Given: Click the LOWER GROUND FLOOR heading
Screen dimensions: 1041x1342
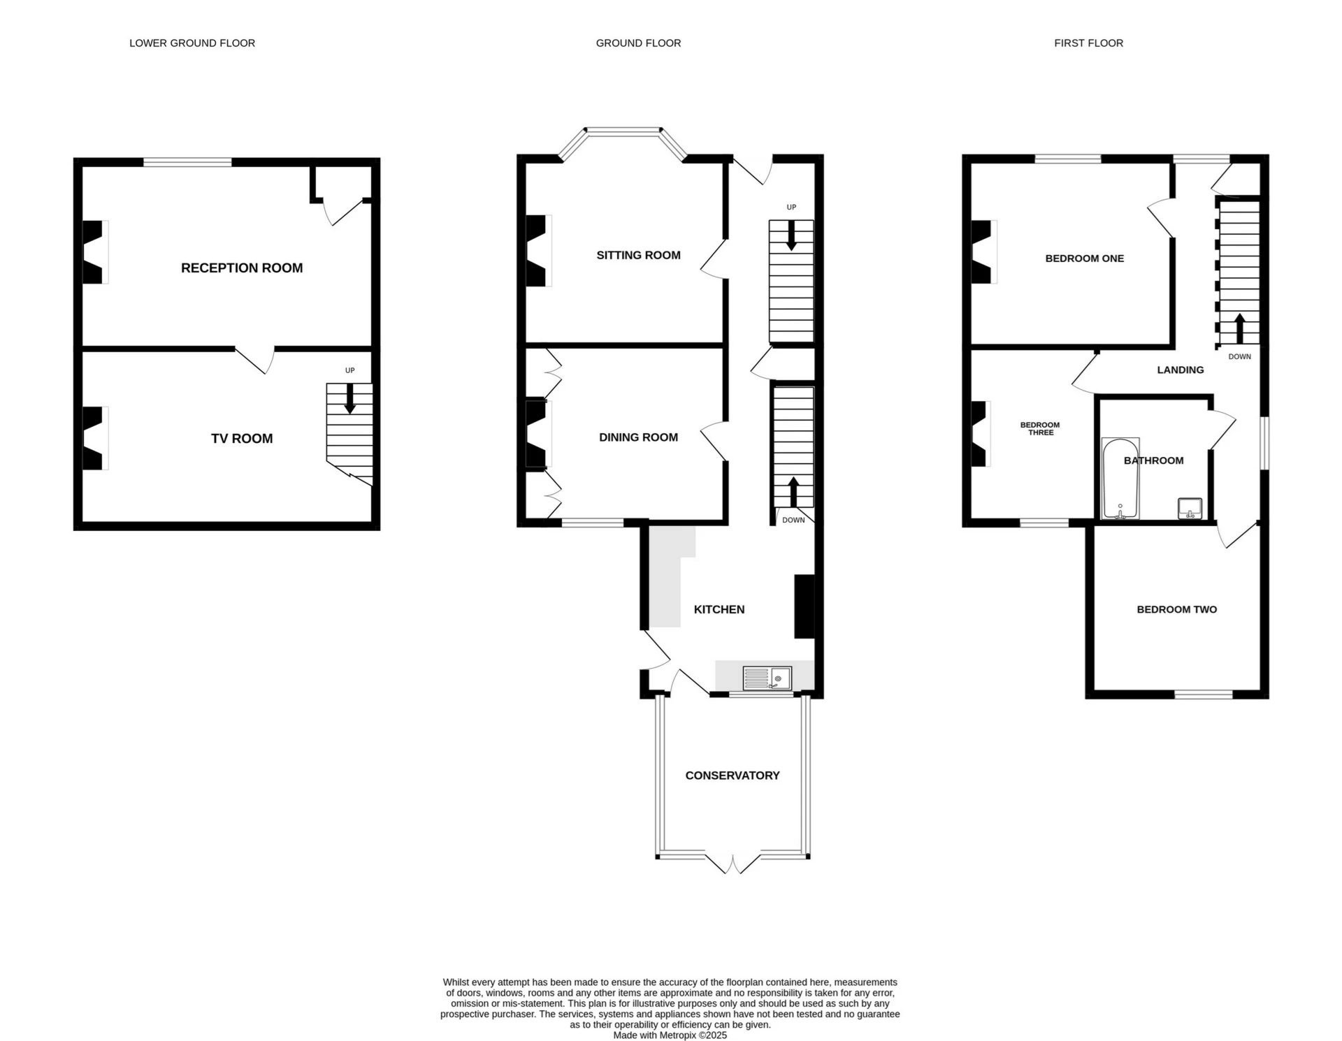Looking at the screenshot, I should click(192, 43).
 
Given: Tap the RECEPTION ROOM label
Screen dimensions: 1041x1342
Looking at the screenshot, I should click(242, 268).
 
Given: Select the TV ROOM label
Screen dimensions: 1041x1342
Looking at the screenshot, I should click(242, 439).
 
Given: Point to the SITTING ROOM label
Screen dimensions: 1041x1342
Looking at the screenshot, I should click(638, 256).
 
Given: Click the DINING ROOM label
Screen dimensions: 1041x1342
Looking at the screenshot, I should click(638, 437).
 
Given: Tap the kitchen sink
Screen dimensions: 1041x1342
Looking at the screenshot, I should click(767, 678).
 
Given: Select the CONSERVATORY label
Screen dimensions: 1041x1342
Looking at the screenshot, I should click(732, 776).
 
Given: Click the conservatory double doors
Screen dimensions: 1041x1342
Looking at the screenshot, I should click(733, 864).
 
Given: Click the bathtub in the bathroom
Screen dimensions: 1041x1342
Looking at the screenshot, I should click(1120, 479).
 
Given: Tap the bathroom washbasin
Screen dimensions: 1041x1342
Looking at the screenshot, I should click(1190, 508).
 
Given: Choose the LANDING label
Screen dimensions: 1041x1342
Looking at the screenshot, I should click(1180, 370).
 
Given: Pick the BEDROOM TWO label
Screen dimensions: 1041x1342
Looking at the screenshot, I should click(1176, 610).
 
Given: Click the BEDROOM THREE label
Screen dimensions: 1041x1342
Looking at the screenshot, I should click(1040, 429).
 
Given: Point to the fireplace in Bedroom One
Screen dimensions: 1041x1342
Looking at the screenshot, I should click(983, 252).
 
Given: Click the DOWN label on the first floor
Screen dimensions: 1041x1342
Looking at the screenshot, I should click(1239, 357).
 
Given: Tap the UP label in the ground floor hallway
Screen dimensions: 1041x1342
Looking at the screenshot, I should click(791, 208).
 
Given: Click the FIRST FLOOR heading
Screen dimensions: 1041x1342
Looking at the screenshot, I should click(1088, 43).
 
